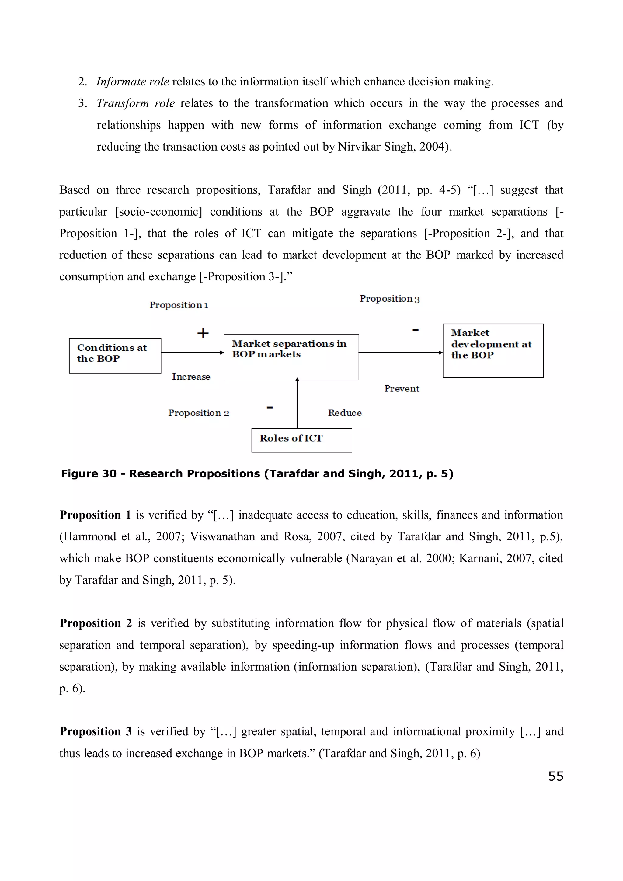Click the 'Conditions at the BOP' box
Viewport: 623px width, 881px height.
[115, 356]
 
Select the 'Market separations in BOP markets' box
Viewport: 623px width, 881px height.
[291, 357]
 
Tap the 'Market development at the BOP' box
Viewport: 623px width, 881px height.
[492, 350]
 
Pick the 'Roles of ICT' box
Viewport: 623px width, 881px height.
[301, 440]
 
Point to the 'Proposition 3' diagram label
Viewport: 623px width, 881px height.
[389, 299]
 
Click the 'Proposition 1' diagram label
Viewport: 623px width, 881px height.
[179, 305]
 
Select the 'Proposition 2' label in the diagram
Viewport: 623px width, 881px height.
[198, 413]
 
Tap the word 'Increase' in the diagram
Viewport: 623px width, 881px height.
[191, 376]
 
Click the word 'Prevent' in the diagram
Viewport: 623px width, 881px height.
[402, 388]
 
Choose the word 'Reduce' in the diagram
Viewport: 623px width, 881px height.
[344, 413]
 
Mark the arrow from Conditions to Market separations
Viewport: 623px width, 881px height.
[192, 352]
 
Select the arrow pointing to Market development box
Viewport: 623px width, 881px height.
[400, 352]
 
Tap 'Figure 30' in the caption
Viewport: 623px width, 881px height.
[88, 473]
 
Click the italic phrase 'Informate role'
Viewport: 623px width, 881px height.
[132, 81]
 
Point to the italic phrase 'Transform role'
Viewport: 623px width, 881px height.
[135, 103]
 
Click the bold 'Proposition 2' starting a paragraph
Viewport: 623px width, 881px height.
[96, 623]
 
